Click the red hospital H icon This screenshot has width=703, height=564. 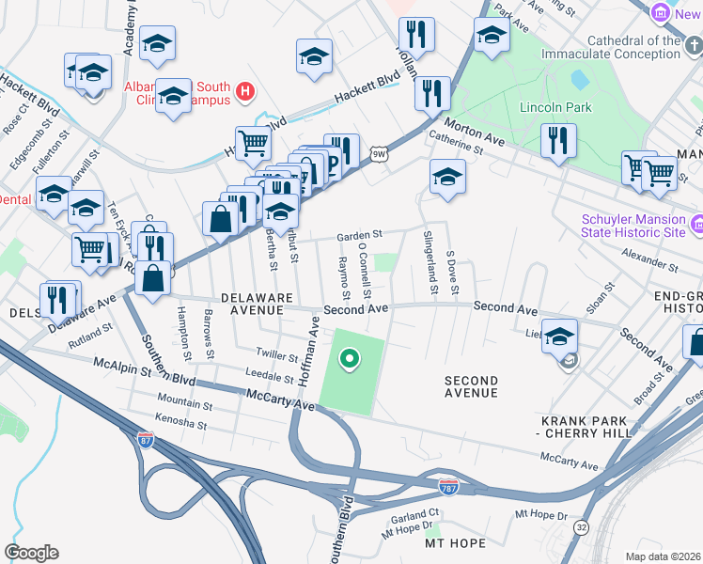tap(244, 91)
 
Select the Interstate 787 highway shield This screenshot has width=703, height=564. tap(449, 486)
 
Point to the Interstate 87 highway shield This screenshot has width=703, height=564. tap(146, 439)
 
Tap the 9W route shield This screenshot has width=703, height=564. tap(378, 154)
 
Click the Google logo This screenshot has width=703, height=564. tap(31, 553)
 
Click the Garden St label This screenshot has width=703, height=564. tap(361, 235)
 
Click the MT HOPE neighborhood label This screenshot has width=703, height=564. tap(455, 543)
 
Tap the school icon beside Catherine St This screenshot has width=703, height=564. tap(447, 176)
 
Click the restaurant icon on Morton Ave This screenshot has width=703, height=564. tap(558, 141)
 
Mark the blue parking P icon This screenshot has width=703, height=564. tap(331, 164)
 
